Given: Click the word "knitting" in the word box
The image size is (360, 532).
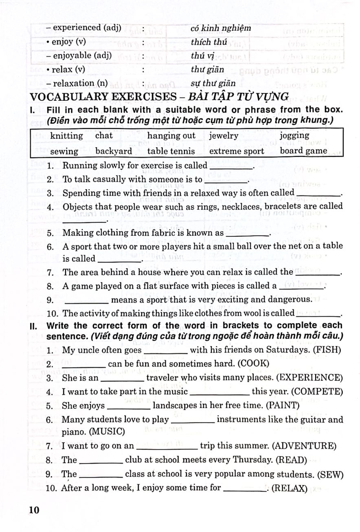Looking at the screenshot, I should coord(66,136).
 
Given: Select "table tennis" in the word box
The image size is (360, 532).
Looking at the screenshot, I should coord(171,151).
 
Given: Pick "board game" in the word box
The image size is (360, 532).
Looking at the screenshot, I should coord(303,151).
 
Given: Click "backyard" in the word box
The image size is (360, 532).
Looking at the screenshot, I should coord(114,151).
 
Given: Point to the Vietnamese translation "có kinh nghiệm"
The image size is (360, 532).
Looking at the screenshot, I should coord(221,28).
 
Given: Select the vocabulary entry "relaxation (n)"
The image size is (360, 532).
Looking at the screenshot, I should coord(79,84).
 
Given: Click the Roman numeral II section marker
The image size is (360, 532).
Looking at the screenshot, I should coord(33,326).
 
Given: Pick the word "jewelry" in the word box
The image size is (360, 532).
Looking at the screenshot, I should coord(224,136).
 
